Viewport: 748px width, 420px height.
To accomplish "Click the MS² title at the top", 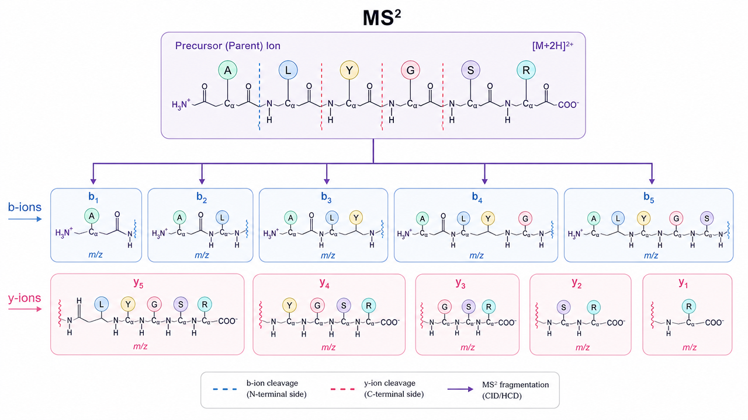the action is coord(382,17).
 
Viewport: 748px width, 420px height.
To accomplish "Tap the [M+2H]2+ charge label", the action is coord(553,45).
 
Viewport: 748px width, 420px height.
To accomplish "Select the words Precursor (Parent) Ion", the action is coord(228,45).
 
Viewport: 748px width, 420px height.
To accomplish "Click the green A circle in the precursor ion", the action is coord(228,71).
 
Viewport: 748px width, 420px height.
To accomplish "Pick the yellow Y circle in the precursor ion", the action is coord(349,71).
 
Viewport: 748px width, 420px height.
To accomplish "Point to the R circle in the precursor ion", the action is coord(526,71).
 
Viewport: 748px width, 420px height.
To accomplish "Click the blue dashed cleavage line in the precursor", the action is coord(259,96).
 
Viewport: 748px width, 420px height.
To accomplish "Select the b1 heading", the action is coord(93,197).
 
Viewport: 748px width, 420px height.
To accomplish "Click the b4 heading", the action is coord(477,197).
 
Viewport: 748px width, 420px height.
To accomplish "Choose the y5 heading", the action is coord(138,283).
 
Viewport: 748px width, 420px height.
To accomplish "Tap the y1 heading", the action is coord(683,283).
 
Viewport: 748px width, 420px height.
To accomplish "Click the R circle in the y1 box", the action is coord(688,306).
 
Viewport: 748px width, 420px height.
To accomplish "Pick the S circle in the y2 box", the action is coord(564,307).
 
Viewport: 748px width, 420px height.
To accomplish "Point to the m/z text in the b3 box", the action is coord(328,256).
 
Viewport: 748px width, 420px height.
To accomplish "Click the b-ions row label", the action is coord(25,207).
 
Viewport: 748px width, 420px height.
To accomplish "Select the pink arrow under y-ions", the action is coord(25,309).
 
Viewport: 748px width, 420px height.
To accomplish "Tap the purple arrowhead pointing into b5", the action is coord(652,181).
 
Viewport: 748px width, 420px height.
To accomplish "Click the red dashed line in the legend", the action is coord(342,389).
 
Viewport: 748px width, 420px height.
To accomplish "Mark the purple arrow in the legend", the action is coord(460,389).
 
